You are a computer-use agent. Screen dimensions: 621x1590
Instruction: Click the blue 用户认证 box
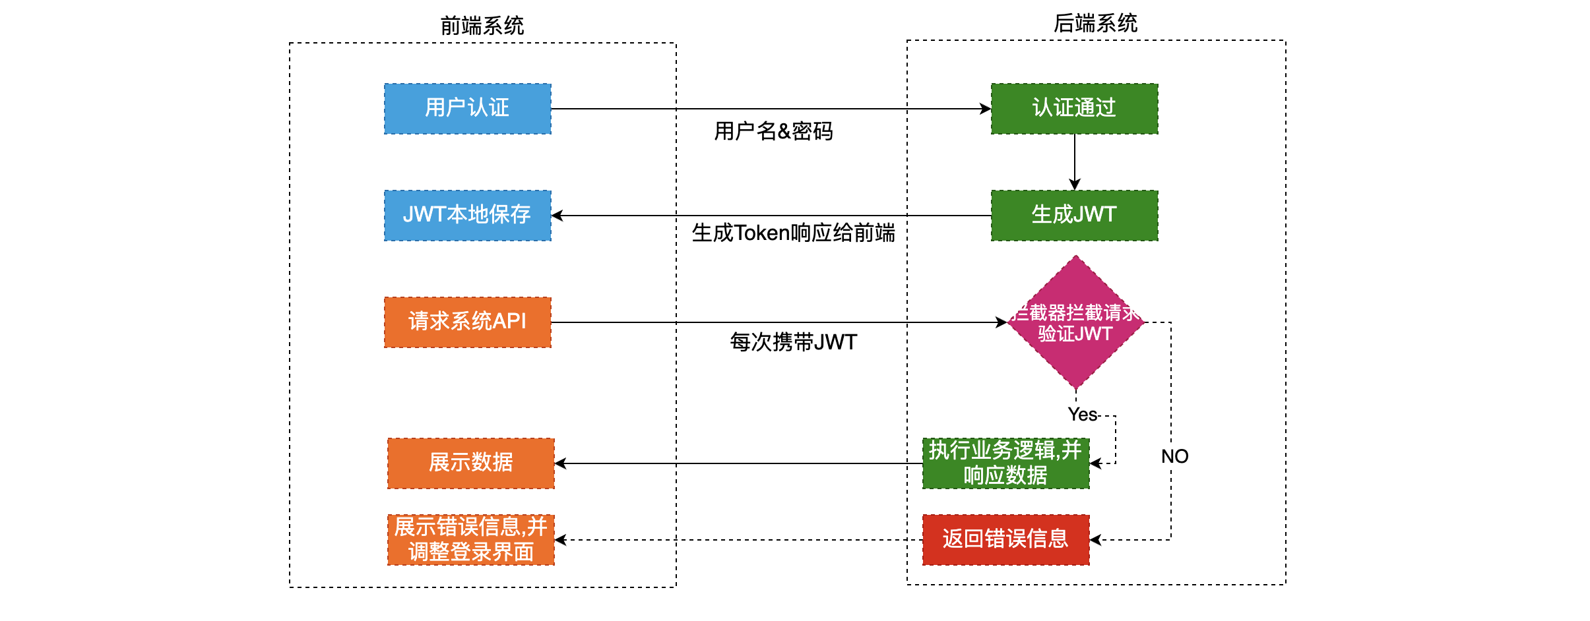tap(467, 109)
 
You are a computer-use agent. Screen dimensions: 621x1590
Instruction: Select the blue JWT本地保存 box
tap(467, 216)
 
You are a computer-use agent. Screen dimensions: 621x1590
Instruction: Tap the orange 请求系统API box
tap(467, 322)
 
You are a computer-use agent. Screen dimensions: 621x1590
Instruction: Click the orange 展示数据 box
tap(470, 463)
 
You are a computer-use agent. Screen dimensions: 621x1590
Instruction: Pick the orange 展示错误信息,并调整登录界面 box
tap(470, 540)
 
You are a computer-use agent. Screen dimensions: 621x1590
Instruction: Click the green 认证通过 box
tap(1074, 109)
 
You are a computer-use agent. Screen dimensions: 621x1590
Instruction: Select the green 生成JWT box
tap(1074, 216)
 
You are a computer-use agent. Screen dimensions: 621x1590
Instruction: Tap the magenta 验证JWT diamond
tap(1075, 322)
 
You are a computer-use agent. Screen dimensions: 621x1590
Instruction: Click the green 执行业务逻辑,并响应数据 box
tap(1005, 463)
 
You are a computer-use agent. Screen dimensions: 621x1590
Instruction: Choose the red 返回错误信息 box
tap(1005, 540)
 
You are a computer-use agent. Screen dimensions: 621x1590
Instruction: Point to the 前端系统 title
tap(482, 26)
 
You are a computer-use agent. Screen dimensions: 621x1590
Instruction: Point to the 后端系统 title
tap(1095, 23)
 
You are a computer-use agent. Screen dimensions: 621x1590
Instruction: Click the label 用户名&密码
tap(773, 131)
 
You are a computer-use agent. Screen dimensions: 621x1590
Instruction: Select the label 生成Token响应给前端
tap(793, 233)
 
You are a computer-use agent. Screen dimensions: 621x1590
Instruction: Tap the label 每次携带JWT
tap(793, 342)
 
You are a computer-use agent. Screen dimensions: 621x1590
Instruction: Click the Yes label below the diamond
tap(1082, 415)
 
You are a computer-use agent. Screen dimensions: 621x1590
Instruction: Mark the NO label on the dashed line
tap(1174, 456)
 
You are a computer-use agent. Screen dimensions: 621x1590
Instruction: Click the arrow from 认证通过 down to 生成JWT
tap(1075, 162)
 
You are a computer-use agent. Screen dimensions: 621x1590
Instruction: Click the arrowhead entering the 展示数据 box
tap(561, 463)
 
